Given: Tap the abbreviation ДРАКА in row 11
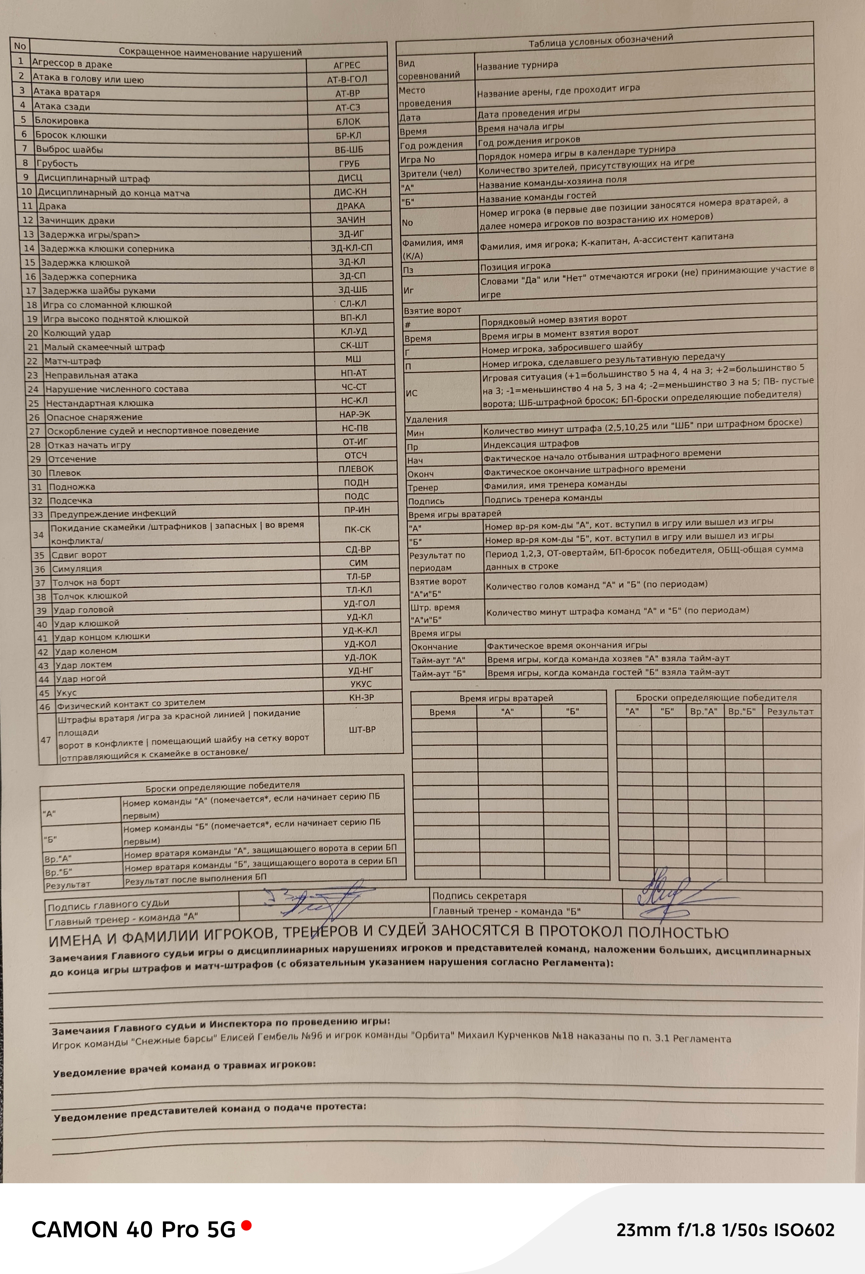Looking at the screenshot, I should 351,206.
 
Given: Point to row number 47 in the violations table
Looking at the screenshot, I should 46,740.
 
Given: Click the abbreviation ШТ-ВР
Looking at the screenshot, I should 362,730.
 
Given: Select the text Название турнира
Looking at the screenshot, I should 517,66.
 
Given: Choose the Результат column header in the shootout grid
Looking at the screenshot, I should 790,712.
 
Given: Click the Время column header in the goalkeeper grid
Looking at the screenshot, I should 443,712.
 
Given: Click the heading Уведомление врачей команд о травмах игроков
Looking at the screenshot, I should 184,1068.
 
